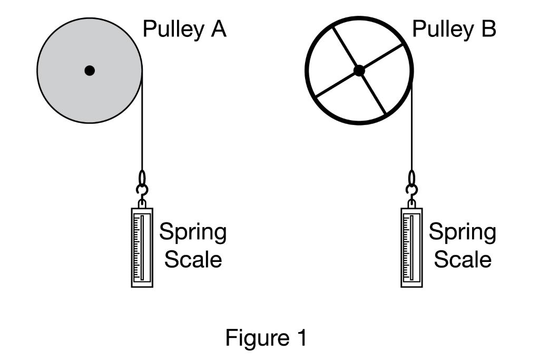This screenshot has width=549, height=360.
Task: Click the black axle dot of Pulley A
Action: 90,70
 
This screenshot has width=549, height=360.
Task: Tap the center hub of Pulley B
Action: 359,70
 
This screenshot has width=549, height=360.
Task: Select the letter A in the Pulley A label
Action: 217,29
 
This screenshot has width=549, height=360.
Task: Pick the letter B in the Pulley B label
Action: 486,29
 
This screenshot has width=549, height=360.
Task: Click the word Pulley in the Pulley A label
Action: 172,30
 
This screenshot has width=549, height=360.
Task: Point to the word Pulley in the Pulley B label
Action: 441,30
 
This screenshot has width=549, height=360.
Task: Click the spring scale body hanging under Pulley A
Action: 142,248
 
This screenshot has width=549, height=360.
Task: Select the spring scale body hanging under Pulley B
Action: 411,248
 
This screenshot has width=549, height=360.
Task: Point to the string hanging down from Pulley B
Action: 411,132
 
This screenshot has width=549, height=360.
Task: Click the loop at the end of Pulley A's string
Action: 142,177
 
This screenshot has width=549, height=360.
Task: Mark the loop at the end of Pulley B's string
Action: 411,177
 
